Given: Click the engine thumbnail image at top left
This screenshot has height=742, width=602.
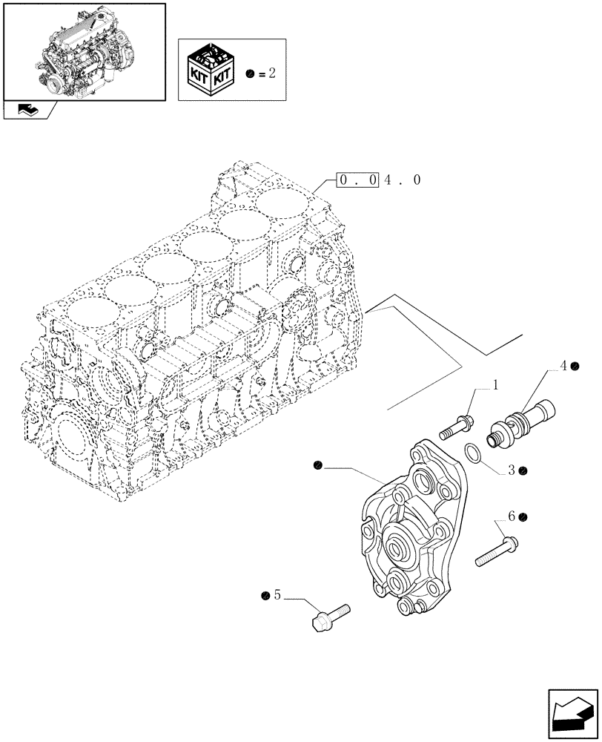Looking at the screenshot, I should point(84,51).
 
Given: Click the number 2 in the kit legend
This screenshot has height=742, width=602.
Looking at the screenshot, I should point(273,74).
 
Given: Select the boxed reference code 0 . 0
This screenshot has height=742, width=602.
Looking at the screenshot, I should point(358,180).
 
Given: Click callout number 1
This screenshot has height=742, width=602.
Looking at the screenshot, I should point(495,386).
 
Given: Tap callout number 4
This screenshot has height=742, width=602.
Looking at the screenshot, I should point(564,366).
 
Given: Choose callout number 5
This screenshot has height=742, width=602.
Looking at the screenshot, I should point(277,594).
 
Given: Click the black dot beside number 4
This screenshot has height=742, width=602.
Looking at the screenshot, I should point(575,366).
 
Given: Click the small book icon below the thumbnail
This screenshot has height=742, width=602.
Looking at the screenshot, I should point(27,111).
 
